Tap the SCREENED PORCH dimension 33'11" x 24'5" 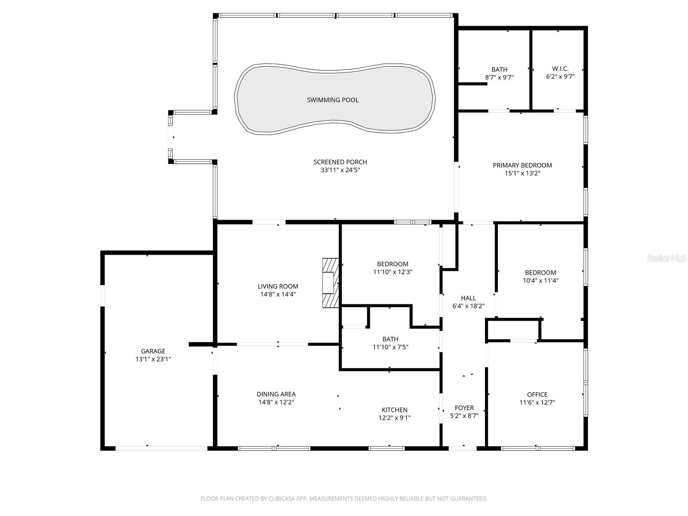[340, 170]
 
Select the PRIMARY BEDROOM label [522, 165]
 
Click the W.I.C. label [560, 69]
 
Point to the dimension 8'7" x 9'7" [499, 77]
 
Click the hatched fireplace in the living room [331, 283]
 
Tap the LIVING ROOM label [278, 286]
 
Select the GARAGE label [153, 351]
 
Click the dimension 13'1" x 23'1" [153, 359]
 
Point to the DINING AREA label [276, 394]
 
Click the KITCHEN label [394, 410]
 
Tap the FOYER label [464, 408]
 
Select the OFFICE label [537, 394]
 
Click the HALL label [468, 298]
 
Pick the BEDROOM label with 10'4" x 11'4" [540, 273]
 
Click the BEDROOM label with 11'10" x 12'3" [393, 264]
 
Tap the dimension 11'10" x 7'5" [390, 347]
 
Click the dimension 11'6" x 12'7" [537, 402]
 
